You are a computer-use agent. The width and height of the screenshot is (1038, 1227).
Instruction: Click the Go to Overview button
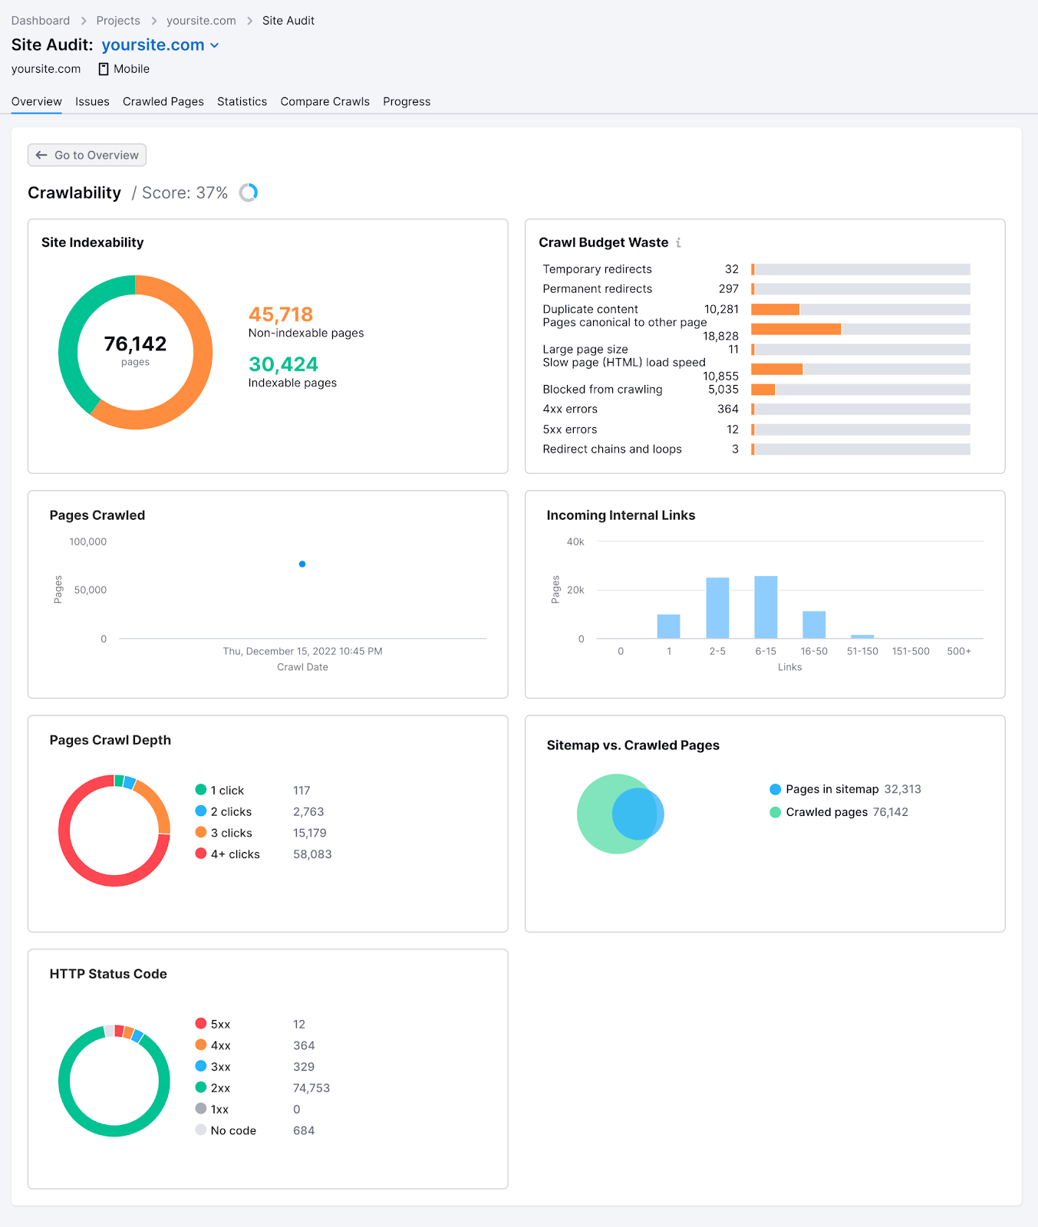[87, 155]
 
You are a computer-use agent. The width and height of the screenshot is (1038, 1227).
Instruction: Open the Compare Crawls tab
[325, 101]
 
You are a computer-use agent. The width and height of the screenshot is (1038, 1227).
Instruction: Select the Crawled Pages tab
[163, 101]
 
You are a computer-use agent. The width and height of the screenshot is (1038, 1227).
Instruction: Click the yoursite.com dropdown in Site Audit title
[160, 45]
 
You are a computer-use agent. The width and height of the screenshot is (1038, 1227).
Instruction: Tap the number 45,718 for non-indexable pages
[280, 314]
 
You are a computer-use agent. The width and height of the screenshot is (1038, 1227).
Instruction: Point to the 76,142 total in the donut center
[135, 344]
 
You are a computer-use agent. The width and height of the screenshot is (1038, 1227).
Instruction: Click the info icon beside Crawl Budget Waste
[678, 242]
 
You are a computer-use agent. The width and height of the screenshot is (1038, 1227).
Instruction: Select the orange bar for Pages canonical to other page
[796, 329]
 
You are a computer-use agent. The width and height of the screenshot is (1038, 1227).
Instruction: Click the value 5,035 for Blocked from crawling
[723, 390]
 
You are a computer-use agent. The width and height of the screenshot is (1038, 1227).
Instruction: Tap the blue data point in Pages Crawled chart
[302, 564]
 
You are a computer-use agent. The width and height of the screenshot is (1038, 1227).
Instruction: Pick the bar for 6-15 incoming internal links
[766, 607]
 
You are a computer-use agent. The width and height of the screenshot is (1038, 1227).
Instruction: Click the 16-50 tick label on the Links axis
[813, 651]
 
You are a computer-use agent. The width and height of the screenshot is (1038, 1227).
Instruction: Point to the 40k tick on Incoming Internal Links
[575, 541]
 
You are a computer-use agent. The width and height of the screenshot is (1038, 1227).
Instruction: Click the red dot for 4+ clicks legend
[201, 854]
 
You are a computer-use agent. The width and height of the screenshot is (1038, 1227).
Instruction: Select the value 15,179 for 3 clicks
[309, 833]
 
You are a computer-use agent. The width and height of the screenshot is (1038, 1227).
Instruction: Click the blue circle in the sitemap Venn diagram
[638, 814]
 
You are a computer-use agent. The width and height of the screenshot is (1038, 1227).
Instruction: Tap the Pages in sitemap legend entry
[832, 789]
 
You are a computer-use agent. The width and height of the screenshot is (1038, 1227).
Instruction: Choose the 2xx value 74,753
[311, 1088]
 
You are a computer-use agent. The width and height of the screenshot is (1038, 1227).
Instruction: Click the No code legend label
[233, 1130]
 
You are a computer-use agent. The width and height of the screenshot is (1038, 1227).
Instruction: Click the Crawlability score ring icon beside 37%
[249, 192]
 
